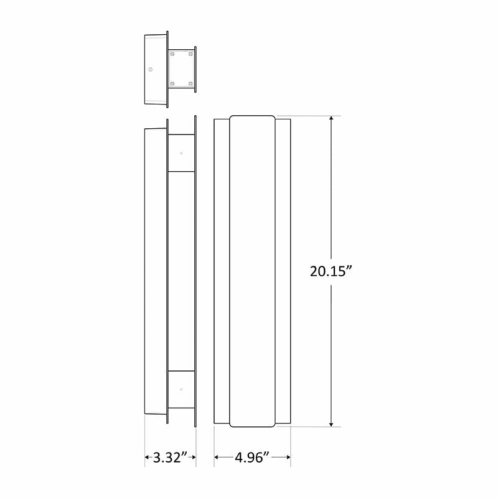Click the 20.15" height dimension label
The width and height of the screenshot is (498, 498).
331,271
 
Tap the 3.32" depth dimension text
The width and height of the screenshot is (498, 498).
171,458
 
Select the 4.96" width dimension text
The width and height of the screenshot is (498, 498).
252,458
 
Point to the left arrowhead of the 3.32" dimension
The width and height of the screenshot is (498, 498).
148,458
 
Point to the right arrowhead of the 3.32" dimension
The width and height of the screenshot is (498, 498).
193,458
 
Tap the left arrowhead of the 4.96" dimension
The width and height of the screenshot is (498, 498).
217,458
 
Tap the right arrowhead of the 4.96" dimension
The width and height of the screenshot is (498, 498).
288,458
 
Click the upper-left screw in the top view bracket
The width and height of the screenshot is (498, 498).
172,55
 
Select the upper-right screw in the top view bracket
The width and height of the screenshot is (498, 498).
190,55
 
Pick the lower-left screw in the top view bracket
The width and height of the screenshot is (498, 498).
172,83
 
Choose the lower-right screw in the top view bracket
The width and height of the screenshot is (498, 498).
190,83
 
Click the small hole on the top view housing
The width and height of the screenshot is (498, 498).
150,69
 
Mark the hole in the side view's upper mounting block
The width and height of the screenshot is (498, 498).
181,153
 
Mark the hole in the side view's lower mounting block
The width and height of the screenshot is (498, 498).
181,389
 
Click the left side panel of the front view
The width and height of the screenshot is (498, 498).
222,271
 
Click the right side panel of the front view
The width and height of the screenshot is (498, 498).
283,271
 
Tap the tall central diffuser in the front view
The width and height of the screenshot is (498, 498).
252,271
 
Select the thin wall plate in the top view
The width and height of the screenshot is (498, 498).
195,69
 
